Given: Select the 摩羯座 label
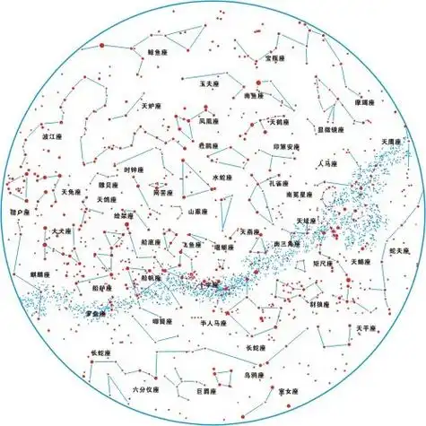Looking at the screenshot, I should (x=362, y=103).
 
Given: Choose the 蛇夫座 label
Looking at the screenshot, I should (x=401, y=252).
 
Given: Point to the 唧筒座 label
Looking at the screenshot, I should (x=162, y=320).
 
